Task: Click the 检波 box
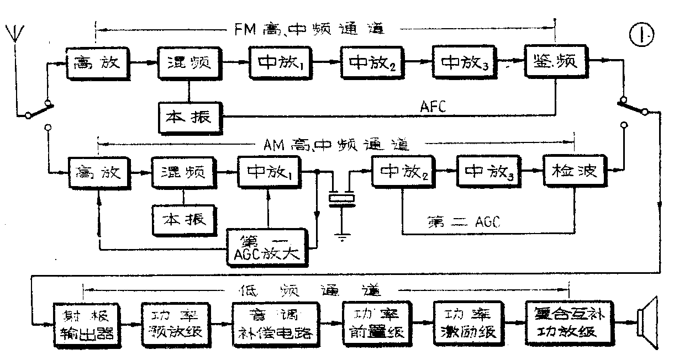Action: (575, 172)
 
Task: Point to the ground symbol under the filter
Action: (343, 238)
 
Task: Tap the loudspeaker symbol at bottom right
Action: (647, 322)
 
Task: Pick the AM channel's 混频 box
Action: (182, 172)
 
